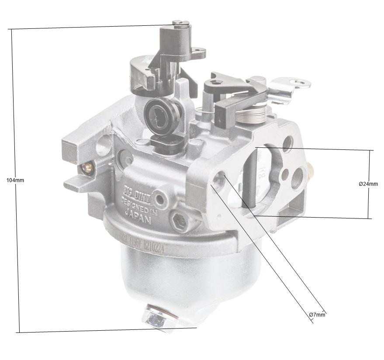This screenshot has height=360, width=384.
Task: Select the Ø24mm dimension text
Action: click(368, 184)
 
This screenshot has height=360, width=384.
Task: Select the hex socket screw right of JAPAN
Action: click(179, 222)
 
